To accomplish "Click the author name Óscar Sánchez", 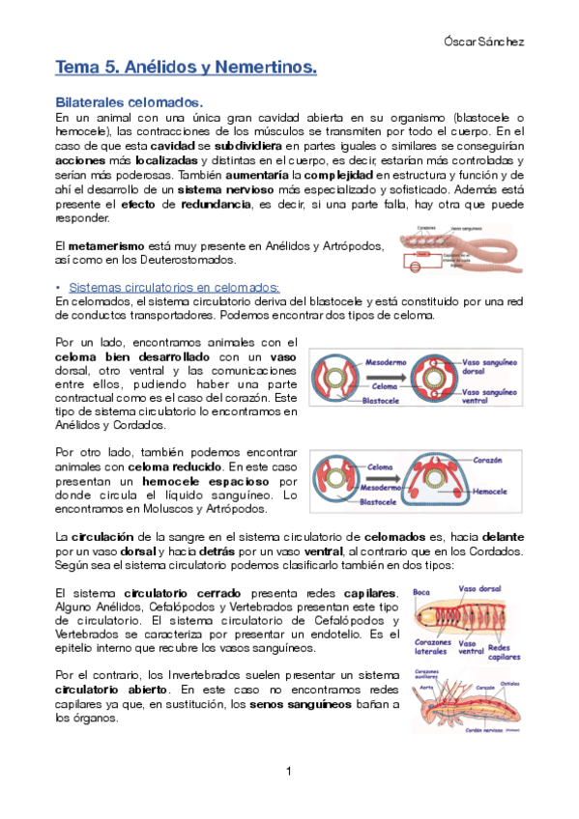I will (490, 42).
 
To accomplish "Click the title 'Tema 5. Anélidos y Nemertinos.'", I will (187, 68).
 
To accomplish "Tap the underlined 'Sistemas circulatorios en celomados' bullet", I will (174, 287).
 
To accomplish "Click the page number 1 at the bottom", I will (289, 771).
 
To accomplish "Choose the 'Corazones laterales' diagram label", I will (431, 647).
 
